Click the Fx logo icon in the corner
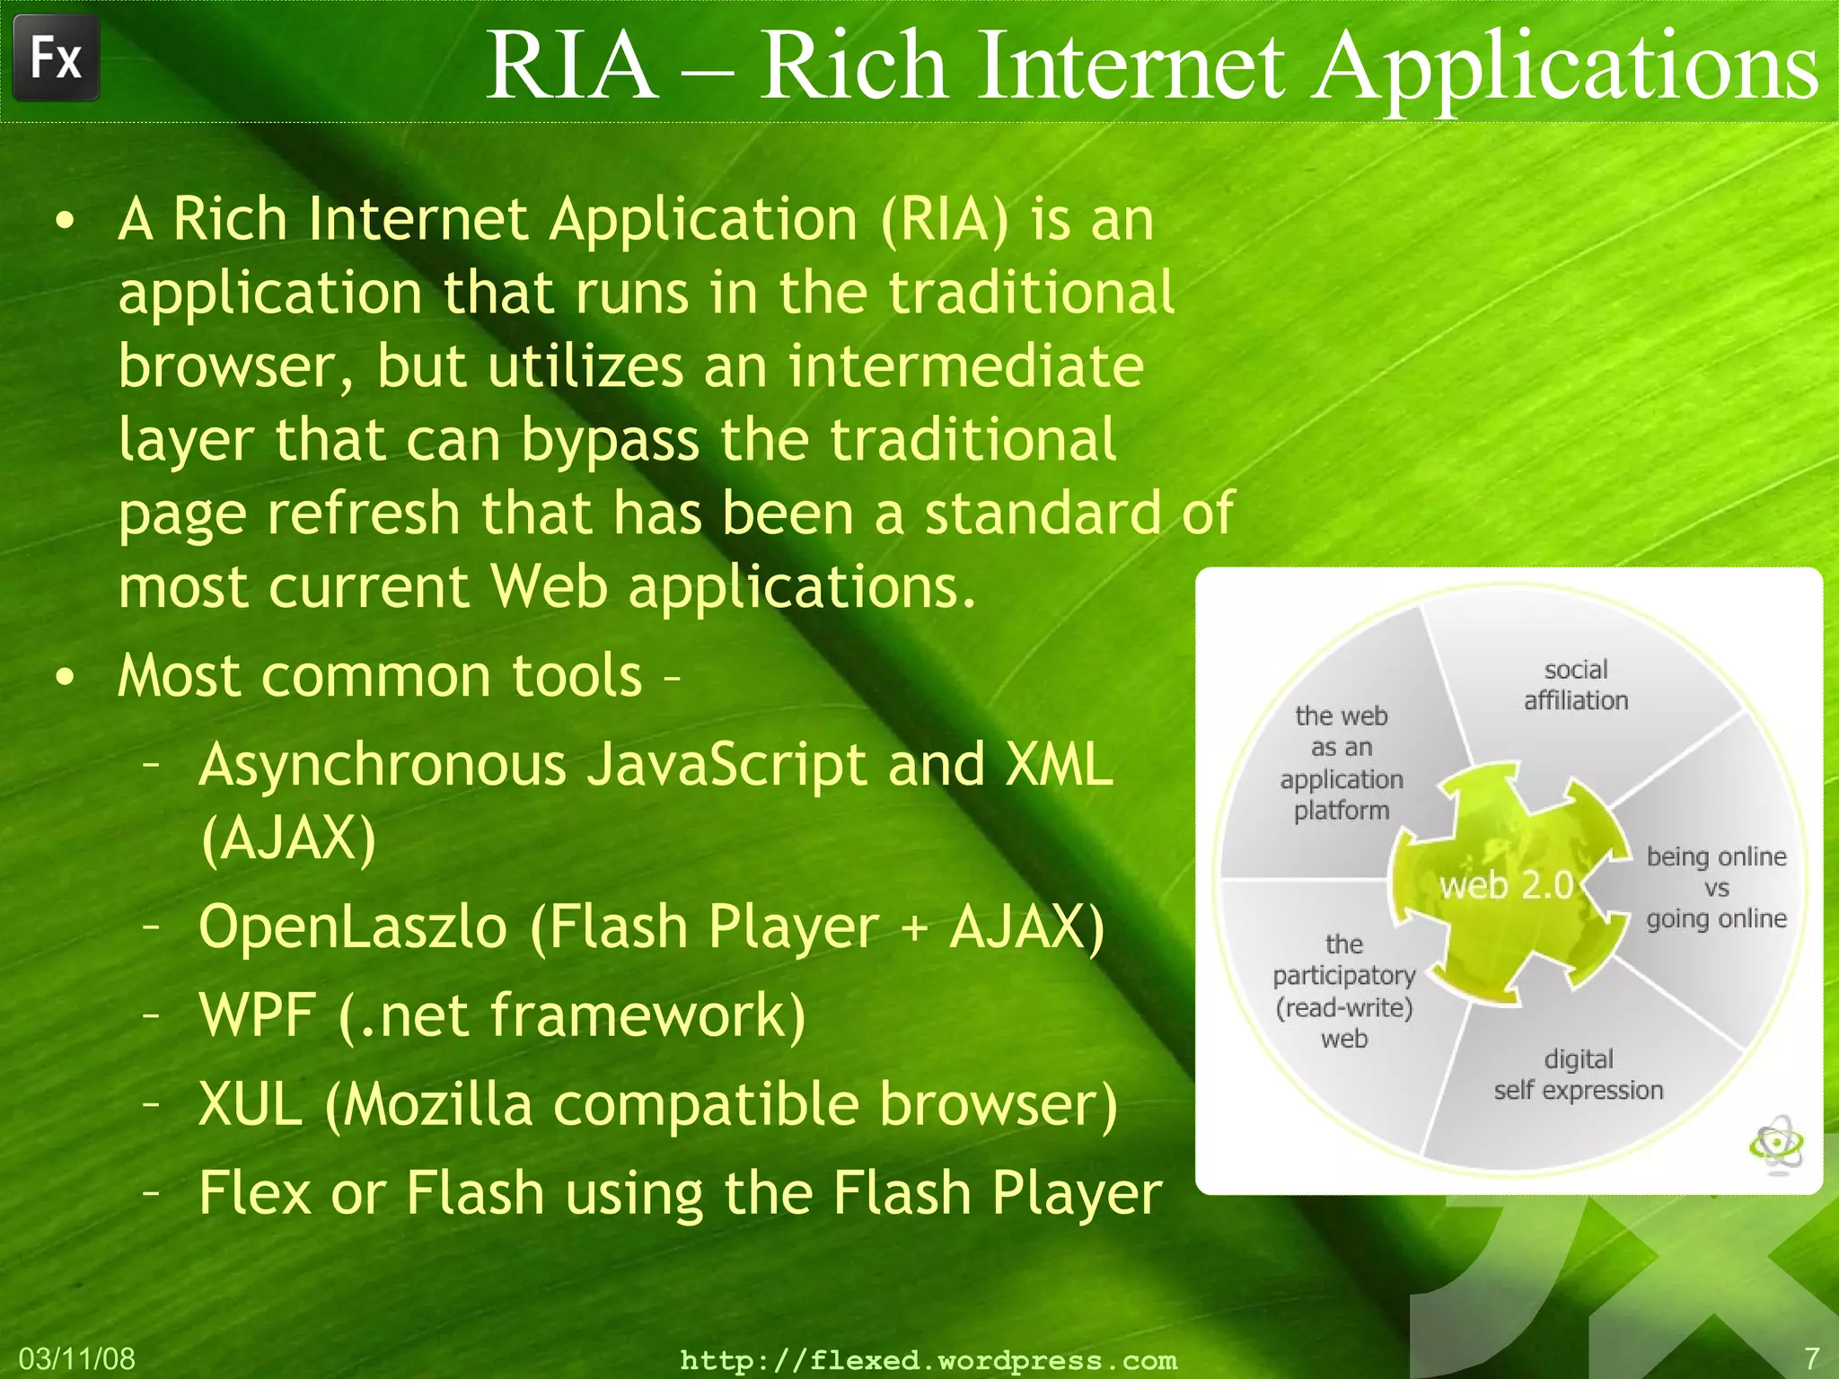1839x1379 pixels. click(x=56, y=58)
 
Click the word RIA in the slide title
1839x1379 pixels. click(x=572, y=66)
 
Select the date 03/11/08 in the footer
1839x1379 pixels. click(x=76, y=1358)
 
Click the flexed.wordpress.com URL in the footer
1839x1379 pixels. click(x=928, y=1360)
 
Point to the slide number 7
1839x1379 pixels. click(x=1811, y=1357)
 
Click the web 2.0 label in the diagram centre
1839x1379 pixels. click(x=1506, y=885)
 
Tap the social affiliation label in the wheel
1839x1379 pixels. click(x=1576, y=685)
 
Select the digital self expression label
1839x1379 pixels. click(x=1578, y=1075)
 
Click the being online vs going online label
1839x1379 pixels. click(x=1716, y=887)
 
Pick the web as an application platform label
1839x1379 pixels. click(x=1341, y=763)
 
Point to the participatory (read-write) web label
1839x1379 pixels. click(x=1343, y=991)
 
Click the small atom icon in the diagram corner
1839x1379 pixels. click(x=1776, y=1144)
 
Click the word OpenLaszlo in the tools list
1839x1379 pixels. click(x=352, y=926)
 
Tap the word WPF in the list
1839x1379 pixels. click(x=257, y=1014)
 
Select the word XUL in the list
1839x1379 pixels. click(x=250, y=1103)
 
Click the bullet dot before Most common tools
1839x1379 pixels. click(x=65, y=678)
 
